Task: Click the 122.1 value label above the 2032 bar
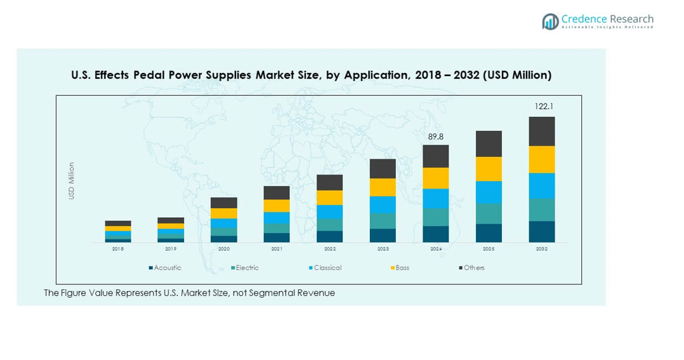(541, 106)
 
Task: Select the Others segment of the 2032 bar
(541, 131)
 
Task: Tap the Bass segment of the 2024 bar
(435, 178)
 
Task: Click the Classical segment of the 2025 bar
(489, 192)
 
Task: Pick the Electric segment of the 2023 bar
(383, 220)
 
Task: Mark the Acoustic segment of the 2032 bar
(541, 231)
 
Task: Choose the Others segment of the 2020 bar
(224, 203)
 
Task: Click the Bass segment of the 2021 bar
(277, 206)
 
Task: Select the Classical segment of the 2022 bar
(329, 211)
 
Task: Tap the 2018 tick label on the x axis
(118, 249)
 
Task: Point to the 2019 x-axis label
(171, 249)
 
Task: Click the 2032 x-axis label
(541, 249)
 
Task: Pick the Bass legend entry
(402, 268)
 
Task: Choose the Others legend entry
(473, 268)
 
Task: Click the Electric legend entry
(247, 268)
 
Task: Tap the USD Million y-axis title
(72, 181)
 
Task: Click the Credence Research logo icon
(550, 22)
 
